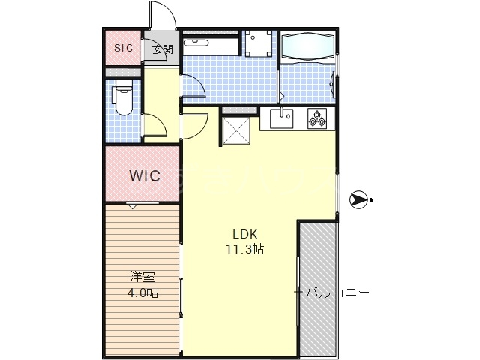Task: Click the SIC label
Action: point(123,48)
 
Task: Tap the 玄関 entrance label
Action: point(162,50)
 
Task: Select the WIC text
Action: point(144,177)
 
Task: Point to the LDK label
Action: point(244,233)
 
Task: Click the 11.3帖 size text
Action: point(244,248)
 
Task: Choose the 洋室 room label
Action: point(142,277)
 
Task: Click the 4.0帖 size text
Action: point(142,292)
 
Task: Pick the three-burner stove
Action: point(316,117)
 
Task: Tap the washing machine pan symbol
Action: point(260,43)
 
